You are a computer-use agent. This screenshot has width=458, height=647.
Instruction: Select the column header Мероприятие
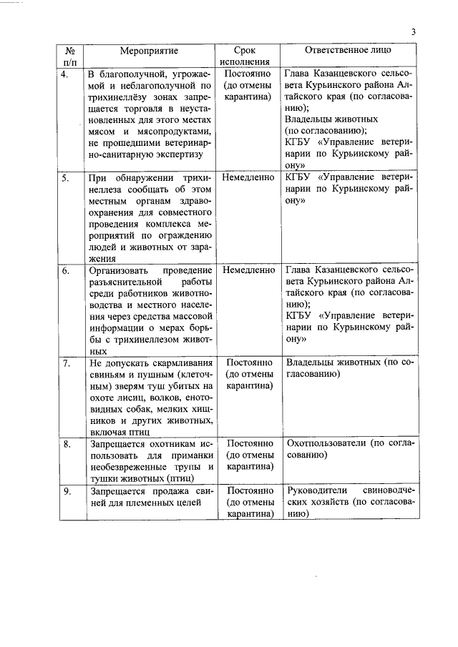(x=150, y=51)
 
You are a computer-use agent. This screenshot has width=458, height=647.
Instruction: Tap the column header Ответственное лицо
(x=348, y=51)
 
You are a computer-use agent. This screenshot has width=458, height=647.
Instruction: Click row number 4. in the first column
(x=65, y=74)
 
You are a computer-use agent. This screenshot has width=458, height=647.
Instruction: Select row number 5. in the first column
(x=65, y=177)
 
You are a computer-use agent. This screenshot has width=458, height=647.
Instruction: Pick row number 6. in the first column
(x=65, y=271)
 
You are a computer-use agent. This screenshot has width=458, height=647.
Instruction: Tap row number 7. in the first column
(x=65, y=363)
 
